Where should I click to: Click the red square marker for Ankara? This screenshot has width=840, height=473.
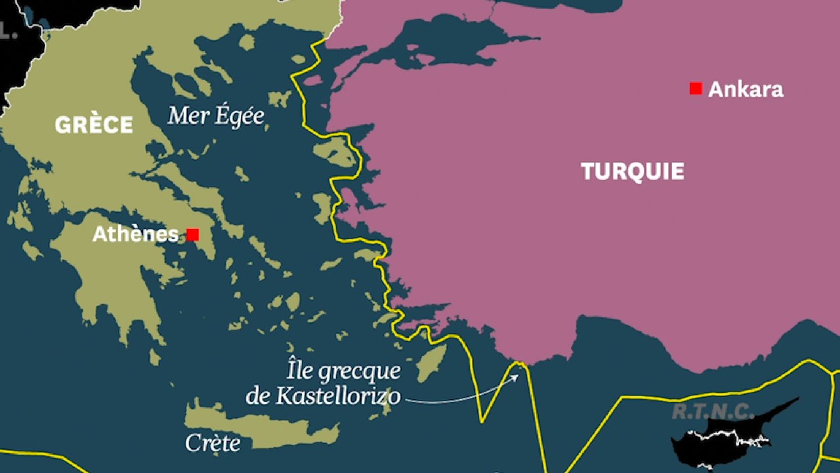696,89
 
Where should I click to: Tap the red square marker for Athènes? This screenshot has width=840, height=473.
192,235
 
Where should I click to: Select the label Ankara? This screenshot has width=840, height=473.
745,89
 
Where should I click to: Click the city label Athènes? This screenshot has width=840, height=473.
135,234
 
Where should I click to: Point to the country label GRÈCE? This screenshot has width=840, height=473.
94,125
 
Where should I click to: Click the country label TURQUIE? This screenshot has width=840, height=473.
633,171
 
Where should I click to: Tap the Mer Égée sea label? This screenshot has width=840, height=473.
216,116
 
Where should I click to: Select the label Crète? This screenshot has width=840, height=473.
213,443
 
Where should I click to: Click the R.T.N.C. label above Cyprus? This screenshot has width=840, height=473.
713,412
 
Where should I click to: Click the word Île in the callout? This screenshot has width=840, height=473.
300,371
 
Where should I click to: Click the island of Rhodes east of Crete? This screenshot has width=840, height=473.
432,363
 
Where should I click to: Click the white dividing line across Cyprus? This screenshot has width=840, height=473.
728,434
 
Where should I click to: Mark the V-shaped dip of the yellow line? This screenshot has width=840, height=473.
482,420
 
